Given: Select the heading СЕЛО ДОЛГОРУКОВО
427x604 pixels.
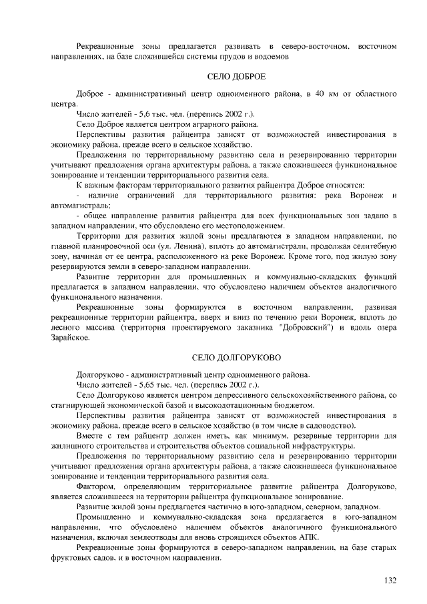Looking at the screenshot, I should (237, 358).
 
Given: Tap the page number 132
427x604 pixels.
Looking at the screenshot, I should (390, 580).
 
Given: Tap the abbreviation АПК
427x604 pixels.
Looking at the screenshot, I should (308, 536).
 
